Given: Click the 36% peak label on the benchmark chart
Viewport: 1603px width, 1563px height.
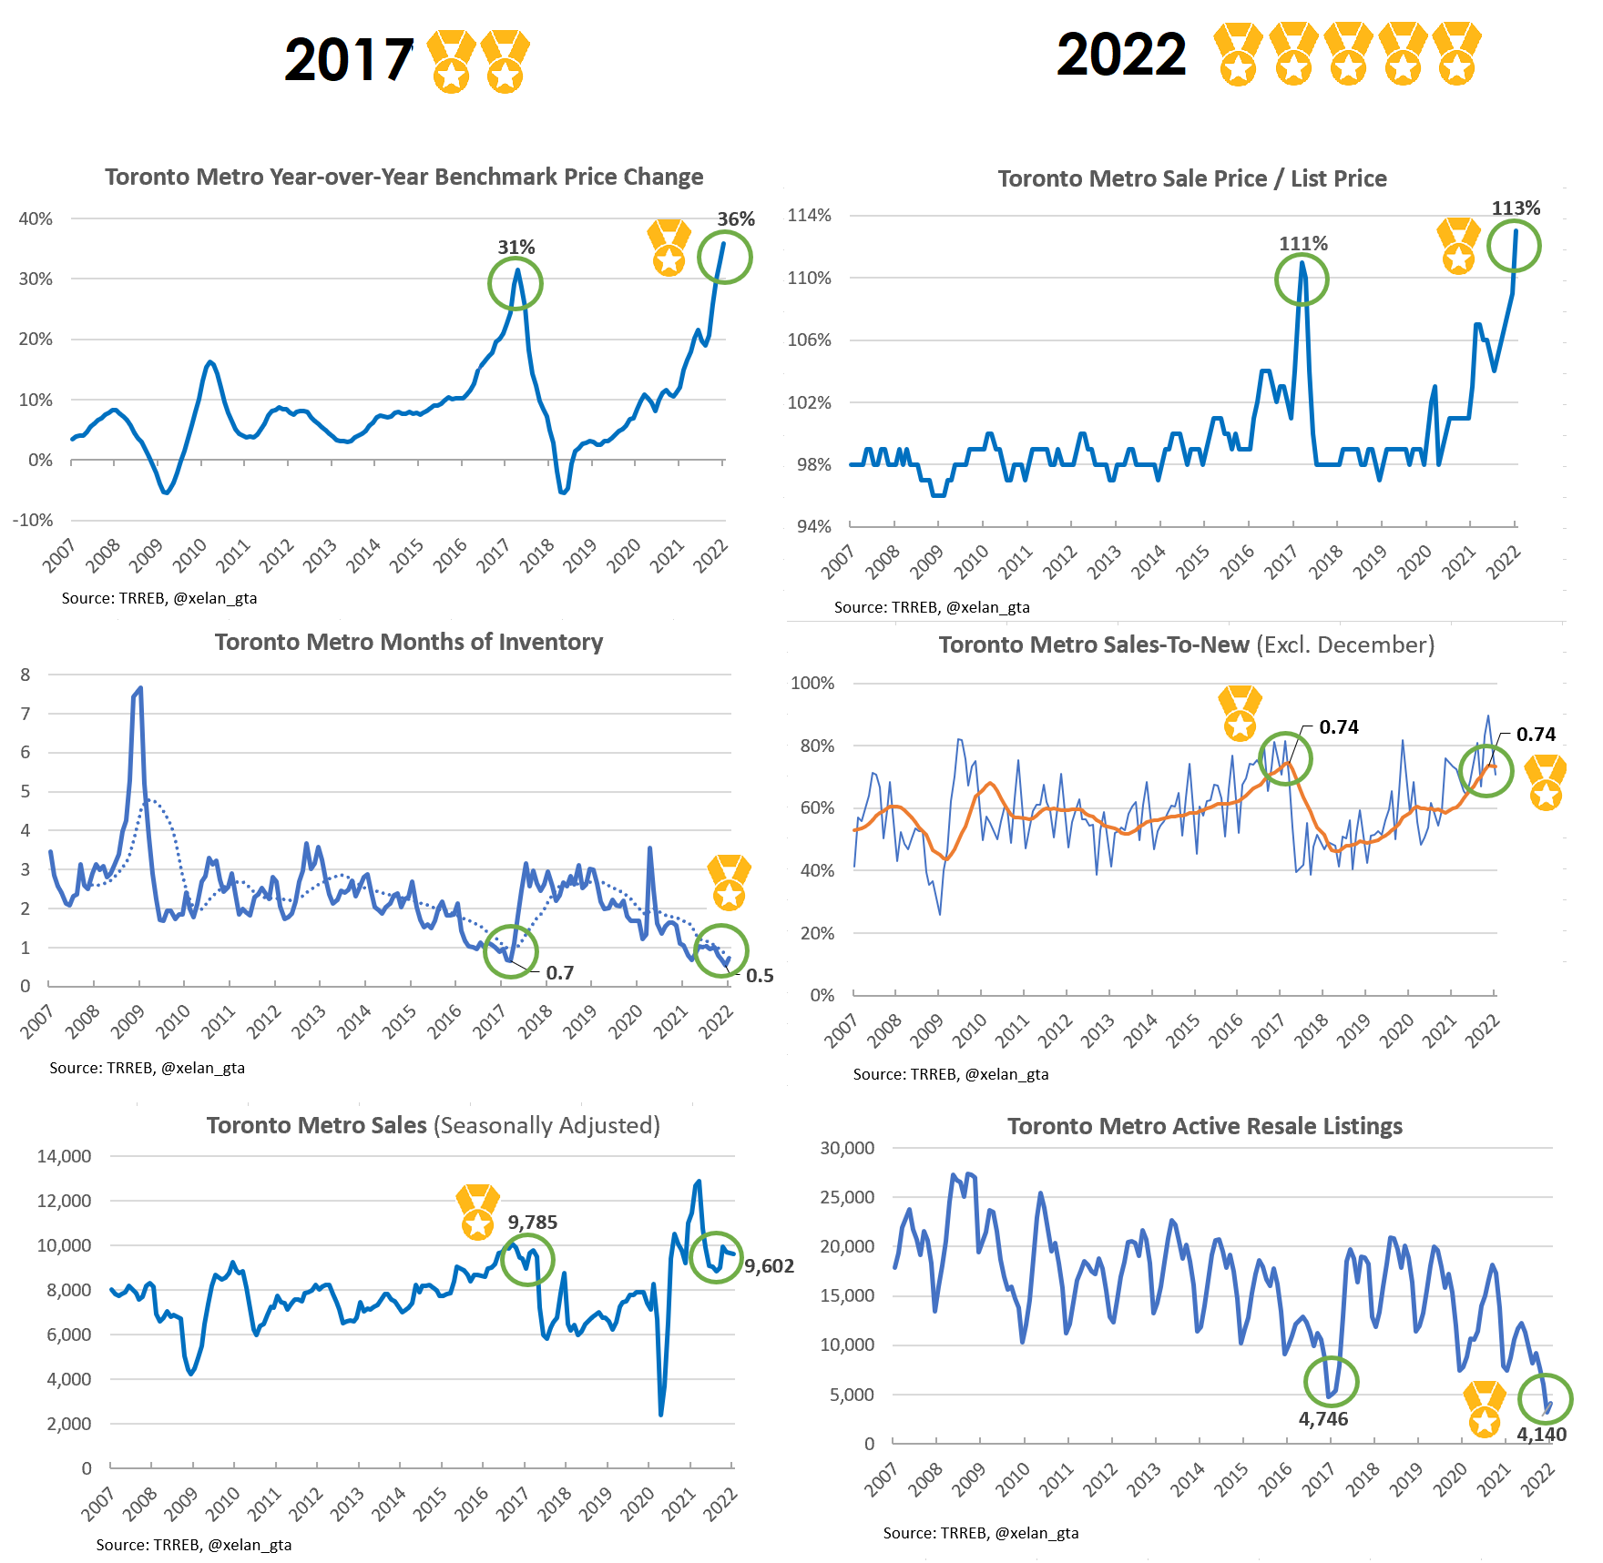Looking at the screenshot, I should pyautogui.click(x=736, y=219).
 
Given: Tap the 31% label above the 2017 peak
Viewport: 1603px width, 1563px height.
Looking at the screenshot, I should pyautogui.click(x=516, y=248).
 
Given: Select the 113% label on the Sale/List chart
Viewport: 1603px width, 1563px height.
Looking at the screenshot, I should pyautogui.click(x=1516, y=208).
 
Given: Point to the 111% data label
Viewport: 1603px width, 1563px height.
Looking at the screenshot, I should pyautogui.click(x=1303, y=244).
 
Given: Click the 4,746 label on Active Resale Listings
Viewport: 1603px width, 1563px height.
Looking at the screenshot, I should pyautogui.click(x=1323, y=1419).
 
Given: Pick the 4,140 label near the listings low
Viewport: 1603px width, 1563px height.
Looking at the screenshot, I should pyautogui.click(x=1541, y=1435).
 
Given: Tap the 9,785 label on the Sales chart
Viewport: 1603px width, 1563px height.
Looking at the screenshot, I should pyautogui.click(x=533, y=1223).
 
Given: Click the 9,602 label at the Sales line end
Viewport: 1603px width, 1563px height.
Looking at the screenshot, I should pyautogui.click(x=770, y=1266).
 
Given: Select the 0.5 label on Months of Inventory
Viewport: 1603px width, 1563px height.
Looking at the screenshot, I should pyautogui.click(x=760, y=976).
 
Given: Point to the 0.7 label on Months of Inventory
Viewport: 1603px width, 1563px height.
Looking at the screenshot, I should pyautogui.click(x=560, y=973).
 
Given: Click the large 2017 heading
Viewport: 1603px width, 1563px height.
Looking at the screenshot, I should pyautogui.click(x=349, y=61).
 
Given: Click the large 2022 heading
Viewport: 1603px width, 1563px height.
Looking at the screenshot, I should pyautogui.click(x=1121, y=55).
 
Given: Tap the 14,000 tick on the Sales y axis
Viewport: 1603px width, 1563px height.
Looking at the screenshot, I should pyautogui.click(x=64, y=1156).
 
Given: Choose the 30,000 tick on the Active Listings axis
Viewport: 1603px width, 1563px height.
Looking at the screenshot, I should pyautogui.click(x=847, y=1148).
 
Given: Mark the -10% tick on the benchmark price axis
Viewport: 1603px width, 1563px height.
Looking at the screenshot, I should pyautogui.click(x=33, y=520).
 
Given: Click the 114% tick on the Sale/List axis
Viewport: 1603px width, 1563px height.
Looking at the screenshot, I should pyautogui.click(x=810, y=216).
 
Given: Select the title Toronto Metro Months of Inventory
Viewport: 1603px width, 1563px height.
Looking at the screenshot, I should pyautogui.click(x=409, y=642).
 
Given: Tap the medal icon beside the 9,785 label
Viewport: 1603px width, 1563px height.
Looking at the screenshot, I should pyautogui.click(x=478, y=1212).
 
